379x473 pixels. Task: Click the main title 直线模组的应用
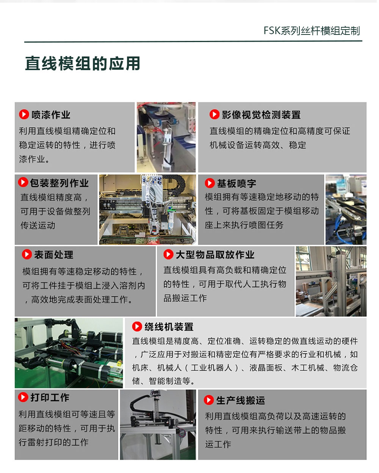tap(83, 64)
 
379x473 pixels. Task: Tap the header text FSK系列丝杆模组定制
tap(312, 31)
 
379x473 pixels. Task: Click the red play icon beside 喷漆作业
tap(24, 114)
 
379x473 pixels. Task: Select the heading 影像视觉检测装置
tap(261, 114)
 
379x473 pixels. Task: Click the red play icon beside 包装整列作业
tap(23, 182)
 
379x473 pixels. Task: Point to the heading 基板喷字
tap(236, 183)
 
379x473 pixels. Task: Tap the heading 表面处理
tap(53, 255)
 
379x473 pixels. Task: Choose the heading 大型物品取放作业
tap(215, 255)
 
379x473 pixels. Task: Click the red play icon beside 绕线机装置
tap(137, 326)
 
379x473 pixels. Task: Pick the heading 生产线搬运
tap(241, 400)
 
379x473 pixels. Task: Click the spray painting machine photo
tap(166, 137)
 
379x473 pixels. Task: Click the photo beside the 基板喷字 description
tap(346, 210)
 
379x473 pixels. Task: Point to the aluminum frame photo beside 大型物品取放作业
tap(331, 281)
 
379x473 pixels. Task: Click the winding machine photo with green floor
tap(69, 353)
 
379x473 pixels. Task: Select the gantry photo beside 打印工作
tap(158, 424)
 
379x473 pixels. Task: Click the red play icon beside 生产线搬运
tap(209, 400)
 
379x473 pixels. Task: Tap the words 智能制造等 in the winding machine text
tap(169, 381)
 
